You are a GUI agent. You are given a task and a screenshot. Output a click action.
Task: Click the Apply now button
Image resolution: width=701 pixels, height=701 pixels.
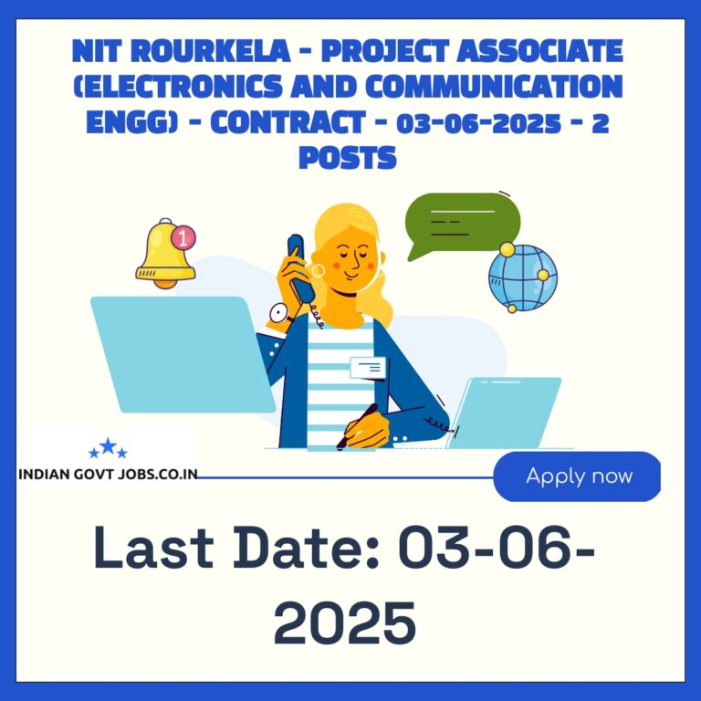[x=577, y=476]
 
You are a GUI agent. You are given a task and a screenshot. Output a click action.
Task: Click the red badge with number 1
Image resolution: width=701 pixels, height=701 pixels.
[x=183, y=237]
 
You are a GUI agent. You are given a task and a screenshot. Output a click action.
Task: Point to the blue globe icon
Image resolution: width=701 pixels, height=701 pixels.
[x=523, y=277]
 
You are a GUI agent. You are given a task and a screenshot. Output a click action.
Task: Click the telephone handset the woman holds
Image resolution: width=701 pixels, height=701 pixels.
[x=301, y=268]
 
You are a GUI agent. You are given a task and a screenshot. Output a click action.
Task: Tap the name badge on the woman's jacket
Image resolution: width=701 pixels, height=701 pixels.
[x=368, y=368]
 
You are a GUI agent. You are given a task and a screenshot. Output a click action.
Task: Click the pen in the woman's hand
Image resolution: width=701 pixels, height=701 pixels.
[x=357, y=426]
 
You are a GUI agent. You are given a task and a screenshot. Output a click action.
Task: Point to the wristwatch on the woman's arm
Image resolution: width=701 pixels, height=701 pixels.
[x=280, y=313]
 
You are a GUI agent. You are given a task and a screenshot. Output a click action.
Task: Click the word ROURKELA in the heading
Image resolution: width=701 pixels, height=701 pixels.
[x=211, y=50]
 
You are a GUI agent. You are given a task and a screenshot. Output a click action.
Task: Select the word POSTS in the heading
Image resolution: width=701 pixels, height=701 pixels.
[x=348, y=157]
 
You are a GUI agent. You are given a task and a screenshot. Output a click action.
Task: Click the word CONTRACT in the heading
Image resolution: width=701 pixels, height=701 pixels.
[x=288, y=122]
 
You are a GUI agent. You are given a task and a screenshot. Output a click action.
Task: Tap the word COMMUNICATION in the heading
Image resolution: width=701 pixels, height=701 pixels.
[x=494, y=86]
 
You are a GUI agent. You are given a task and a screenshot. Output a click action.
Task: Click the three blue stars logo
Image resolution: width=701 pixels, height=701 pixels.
[x=108, y=448]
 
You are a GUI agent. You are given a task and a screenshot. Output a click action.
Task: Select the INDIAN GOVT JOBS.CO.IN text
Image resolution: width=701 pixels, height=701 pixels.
[x=108, y=474]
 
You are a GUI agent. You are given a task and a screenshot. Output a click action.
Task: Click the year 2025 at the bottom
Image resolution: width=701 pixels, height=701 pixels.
[x=345, y=623]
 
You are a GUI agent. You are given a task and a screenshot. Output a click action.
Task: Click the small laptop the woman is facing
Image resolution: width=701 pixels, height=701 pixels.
[x=504, y=413]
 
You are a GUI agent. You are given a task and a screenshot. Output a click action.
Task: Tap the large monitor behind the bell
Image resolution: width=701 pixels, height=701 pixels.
[x=183, y=354]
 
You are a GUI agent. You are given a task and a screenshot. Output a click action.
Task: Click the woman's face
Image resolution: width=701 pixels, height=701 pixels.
[x=353, y=263]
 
